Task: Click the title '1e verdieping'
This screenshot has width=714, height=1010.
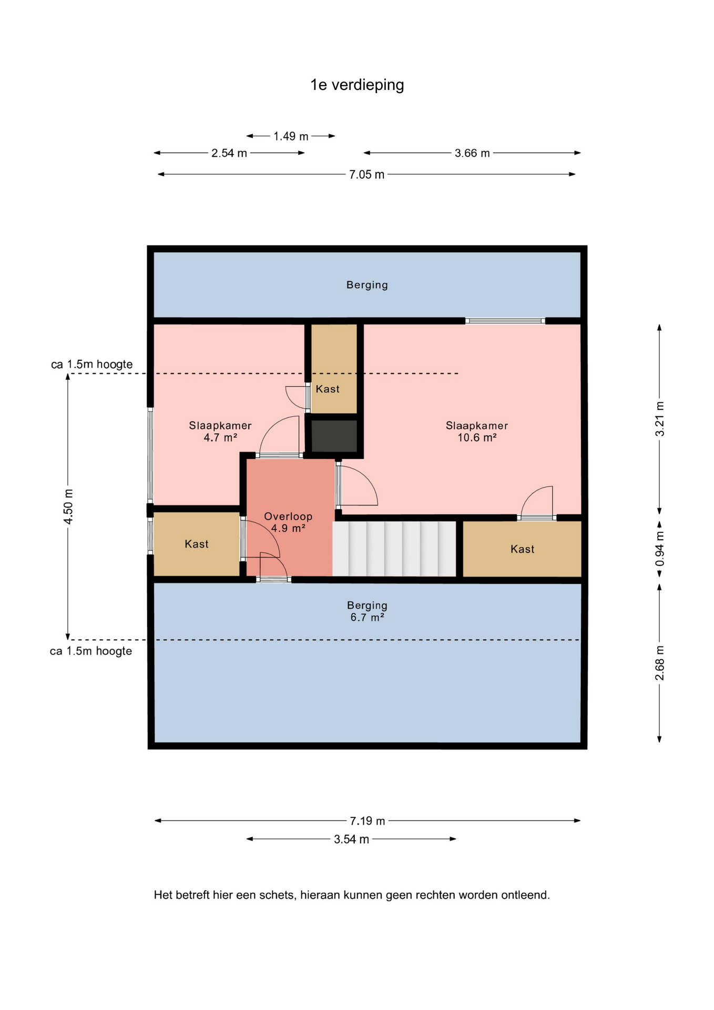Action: pos(357,85)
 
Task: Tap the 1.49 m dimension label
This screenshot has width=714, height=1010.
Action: pos(291,136)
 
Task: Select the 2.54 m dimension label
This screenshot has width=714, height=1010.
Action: pos(229,153)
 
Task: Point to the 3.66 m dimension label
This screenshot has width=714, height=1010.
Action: pos(472,153)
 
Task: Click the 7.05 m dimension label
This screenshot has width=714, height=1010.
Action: pos(367,175)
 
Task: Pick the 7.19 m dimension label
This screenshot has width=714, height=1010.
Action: pos(368,821)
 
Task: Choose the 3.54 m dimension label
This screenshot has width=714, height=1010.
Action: pos(352,839)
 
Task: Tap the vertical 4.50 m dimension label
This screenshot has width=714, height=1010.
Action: pos(68,506)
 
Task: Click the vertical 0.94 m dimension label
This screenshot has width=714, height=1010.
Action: pos(659,549)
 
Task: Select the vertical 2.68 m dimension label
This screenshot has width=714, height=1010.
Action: pos(659,663)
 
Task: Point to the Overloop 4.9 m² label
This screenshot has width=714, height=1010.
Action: pos(288,522)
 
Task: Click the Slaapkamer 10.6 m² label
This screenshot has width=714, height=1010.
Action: pos(477,431)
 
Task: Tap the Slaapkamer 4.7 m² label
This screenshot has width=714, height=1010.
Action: pos(220,431)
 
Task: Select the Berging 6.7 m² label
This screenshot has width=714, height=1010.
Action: pos(367,611)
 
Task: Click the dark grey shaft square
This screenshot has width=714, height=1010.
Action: pos(334,436)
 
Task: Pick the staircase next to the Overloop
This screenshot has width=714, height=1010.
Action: pos(394,549)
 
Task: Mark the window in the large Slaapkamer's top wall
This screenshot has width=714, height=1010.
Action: pos(505,320)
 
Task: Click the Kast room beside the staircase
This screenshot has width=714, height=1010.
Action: pos(522,549)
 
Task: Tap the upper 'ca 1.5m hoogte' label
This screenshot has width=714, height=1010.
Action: pos(92,364)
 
